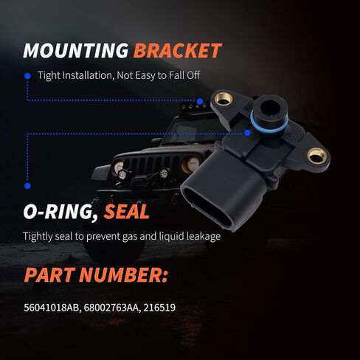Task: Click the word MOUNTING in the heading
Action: [76, 51]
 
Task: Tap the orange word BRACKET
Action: [178, 51]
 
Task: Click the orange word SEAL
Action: [126, 212]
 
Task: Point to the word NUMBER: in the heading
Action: [123, 274]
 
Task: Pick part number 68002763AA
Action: [112, 308]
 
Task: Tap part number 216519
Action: [159, 308]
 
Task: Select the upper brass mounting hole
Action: [224, 99]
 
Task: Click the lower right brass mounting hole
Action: [316, 156]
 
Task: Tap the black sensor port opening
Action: [269, 108]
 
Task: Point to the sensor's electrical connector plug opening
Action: [207, 206]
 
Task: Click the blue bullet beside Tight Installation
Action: [27, 76]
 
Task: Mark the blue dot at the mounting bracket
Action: [200, 101]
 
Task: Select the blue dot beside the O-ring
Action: [247, 133]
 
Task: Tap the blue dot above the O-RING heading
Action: [27, 186]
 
